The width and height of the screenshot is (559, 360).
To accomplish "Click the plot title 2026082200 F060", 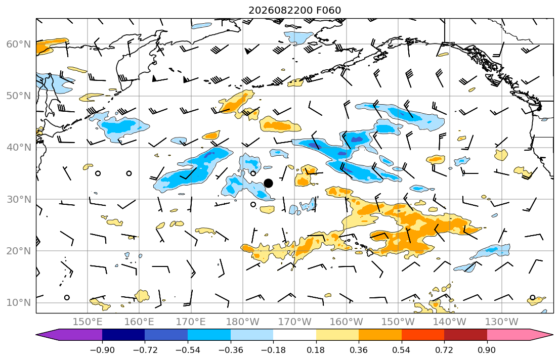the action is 294,10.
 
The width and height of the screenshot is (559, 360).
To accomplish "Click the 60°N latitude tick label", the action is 19,44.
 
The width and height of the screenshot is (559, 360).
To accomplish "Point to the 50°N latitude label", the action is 19,96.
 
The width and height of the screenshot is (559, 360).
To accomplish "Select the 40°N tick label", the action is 19,148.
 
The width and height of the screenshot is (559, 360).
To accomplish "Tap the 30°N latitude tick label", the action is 19,199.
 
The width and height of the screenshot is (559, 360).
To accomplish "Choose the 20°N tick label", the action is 19,251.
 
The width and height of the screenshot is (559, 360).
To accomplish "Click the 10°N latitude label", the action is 19,303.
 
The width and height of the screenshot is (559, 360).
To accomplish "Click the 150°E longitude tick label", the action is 88,322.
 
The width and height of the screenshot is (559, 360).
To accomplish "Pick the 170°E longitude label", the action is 191,322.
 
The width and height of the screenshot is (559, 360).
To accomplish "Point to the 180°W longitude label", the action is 243,322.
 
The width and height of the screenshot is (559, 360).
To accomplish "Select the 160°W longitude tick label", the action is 346,322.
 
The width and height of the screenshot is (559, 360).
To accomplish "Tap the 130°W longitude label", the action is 502,322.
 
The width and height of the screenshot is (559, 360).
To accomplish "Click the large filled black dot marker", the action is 269,183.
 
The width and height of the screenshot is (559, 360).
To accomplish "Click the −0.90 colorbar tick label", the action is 102,350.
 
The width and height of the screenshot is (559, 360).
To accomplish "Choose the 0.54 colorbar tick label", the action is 402,350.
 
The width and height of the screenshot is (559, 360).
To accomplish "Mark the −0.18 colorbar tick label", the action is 274,350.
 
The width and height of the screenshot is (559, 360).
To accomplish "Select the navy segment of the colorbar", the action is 123,335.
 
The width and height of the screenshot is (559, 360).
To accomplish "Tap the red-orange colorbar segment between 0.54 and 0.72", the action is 423,335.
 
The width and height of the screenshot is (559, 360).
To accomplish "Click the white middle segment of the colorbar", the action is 295,335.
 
